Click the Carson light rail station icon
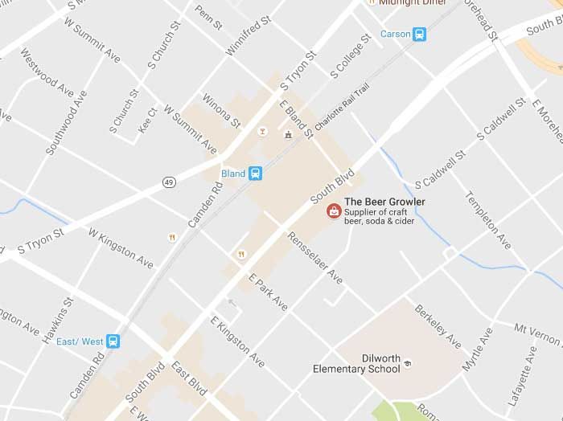pyautogui.click(x=419, y=34)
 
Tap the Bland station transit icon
pyautogui.click(x=256, y=173)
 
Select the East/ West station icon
pyautogui.click(x=113, y=341)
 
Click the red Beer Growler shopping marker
pyautogui.click(x=331, y=211)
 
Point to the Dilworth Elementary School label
pyautogui.click(x=356, y=364)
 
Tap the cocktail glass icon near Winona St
pyautogui.click(x=261, y=131)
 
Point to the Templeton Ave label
pyautogui.click(x=488, y=219)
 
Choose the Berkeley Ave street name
pyautogui.click(x=438, y=325)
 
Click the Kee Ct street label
pyautogui.click(x=147, y=121)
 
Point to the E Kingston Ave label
pyautogui.click(x=237, y=342)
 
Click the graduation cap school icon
pyautogui.click(x=407, y=365)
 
